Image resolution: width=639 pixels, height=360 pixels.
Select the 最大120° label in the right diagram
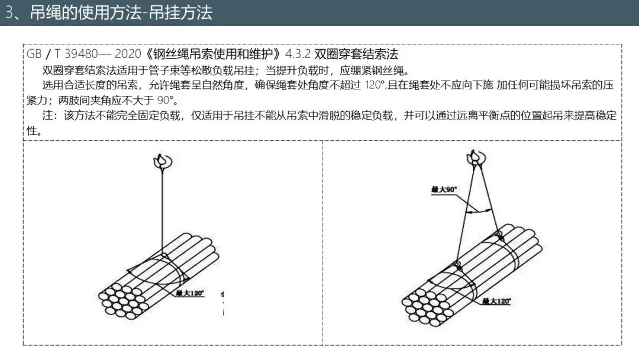(496, 301)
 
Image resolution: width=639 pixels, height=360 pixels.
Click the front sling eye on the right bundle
(457, 264)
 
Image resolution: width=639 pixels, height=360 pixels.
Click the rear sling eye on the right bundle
(498, 234)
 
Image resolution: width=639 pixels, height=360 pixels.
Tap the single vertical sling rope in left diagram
(162, 207)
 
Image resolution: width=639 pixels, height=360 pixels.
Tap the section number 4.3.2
(298, 54)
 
